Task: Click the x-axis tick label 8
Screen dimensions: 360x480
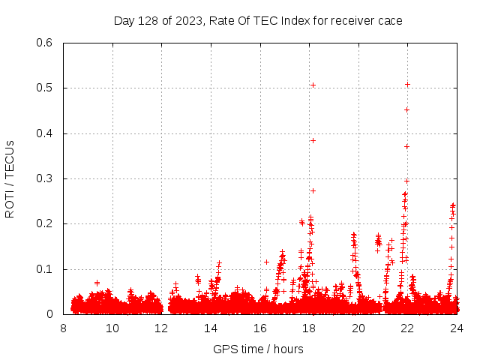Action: (x=64, y=329)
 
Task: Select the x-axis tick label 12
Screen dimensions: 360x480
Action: (x=161, y=329)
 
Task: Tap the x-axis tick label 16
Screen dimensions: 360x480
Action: (x=259, y=329)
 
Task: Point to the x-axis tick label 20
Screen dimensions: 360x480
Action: (x=358, y=329)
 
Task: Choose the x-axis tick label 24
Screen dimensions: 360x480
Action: (x=456, y=329)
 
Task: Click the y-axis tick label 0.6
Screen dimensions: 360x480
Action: (x=46, y=43)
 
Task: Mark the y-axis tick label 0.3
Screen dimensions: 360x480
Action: (x=46, y=178)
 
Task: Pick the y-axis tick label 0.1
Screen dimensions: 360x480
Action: (x=46, y=269)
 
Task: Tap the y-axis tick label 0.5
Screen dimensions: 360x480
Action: (x=46, y=88)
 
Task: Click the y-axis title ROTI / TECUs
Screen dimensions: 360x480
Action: (x=10, y=178)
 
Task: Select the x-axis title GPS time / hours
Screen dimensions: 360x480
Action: (x=259, y=349)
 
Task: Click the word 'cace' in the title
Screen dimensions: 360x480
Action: (x=390, y=21)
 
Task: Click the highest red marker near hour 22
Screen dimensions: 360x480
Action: (x=407, y=84)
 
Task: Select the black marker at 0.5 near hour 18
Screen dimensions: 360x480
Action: (x=313, y=85)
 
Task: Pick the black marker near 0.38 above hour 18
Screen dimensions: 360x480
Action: (x=313, y=140)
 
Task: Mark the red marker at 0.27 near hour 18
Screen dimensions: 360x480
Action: (x=313, y=190)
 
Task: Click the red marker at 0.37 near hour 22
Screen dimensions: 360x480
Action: (x=406, y=146)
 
